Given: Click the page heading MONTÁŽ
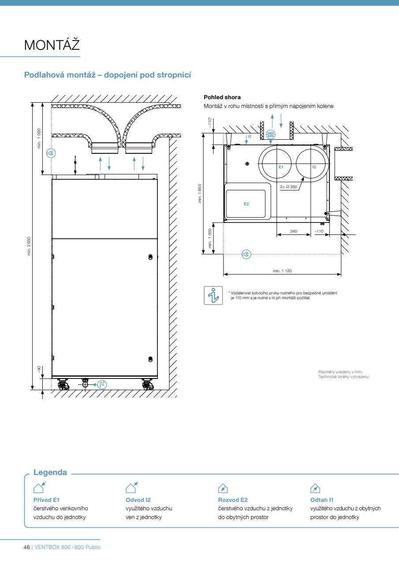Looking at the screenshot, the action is tap(52, 45).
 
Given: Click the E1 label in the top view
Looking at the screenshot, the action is tap(281, 167).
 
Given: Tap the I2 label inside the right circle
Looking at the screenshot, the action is tap(314, 167).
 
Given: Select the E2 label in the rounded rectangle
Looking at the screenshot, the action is tap(246, 204).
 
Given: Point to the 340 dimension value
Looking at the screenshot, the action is tap(294, 231).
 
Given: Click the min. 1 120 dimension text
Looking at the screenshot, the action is tap(282, 271).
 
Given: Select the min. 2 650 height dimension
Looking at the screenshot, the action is tap(29, 246).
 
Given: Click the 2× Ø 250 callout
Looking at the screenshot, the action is tap(288, 187).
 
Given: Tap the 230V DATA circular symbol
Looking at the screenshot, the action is tap(271, 134).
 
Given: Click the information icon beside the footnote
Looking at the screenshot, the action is tap(213, 295).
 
